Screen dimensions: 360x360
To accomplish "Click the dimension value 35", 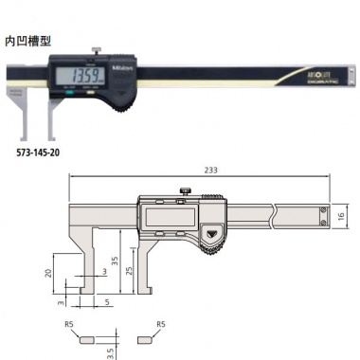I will click(x=113, y=258).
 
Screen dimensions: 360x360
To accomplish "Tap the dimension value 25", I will click(x=131, y=272).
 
